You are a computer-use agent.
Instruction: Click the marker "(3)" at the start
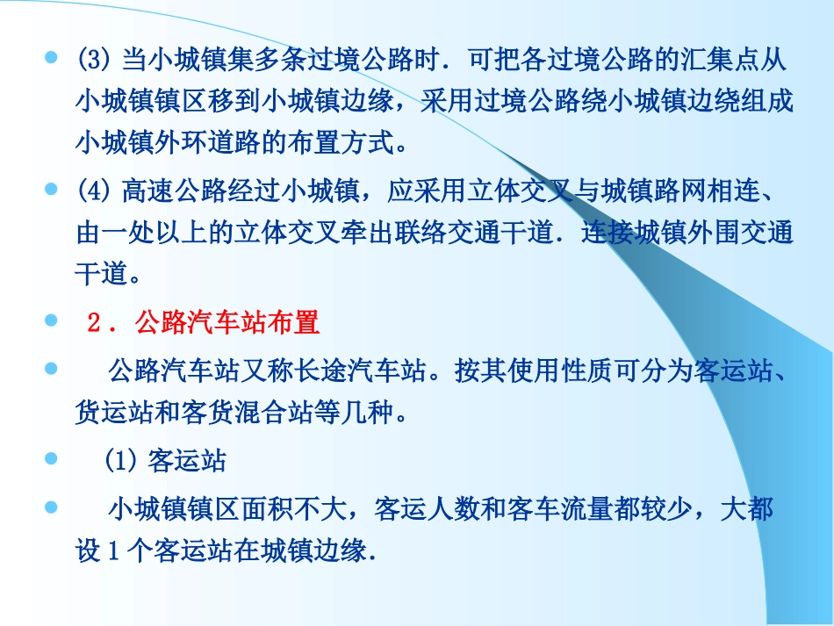tap(90, 61)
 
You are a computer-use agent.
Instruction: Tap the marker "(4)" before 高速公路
tap(90, 192)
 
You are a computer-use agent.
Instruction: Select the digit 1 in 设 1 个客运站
tap(112, 554)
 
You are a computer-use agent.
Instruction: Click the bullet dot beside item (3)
tap(51, 58)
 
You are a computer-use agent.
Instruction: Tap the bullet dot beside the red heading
tap(51, 321)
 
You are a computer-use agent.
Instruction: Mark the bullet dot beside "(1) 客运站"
tap(51, 458)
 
